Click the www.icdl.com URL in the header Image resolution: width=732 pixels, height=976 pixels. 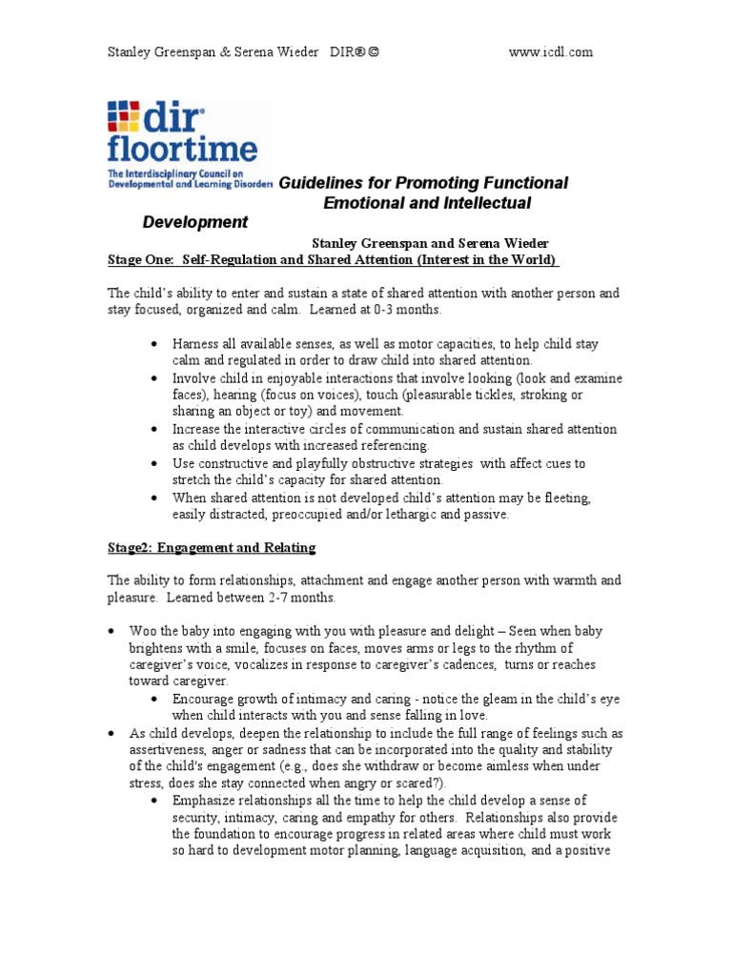[552, 52]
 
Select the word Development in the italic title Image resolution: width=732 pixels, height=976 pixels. [194, 222]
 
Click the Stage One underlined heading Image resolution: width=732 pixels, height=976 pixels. [333, 260]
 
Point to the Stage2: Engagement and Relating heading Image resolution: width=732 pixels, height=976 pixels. [211, 548]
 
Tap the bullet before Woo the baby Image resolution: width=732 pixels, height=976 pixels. [112, 632]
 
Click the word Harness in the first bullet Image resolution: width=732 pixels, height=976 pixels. [196, 344]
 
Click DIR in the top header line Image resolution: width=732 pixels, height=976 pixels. [343, 52]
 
